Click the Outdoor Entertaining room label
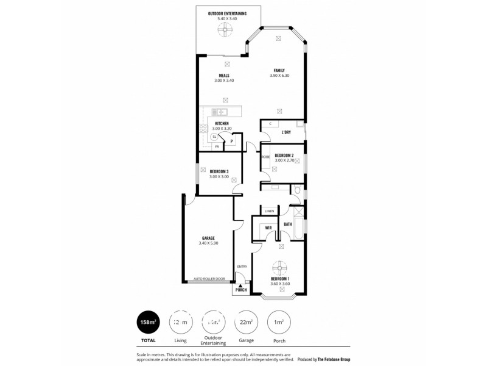point(227,13)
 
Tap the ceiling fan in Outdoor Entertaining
point(226,28)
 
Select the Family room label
point(279,70)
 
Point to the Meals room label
point(224,76)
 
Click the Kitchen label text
point(222,124)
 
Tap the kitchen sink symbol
point(220,112)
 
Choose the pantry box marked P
point(232,142)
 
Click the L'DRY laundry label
point(286,132)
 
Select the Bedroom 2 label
point(284,156)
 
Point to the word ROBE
point(265,157)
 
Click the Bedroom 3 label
point(219,171)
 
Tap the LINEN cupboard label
point(269,211)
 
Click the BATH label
point(287,224)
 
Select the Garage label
point(208,238)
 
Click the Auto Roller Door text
point(209,279)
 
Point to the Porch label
point(241,290)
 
